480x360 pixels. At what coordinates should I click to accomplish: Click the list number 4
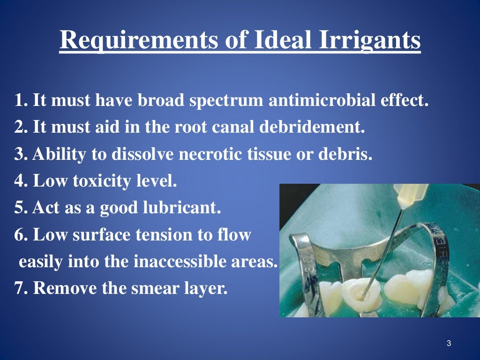[x=19, y=181]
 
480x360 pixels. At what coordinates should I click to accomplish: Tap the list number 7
[x=19, y=288]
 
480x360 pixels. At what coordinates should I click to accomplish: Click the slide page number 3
[x=449, y=344]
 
